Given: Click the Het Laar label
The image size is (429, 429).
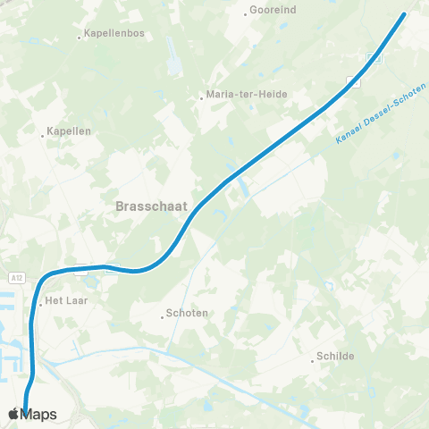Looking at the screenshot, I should coord(64,301).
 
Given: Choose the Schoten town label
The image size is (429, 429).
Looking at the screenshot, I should coord(188,314).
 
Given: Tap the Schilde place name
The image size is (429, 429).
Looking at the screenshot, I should coord(336,356).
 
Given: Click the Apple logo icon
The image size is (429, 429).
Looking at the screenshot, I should coord(13,414).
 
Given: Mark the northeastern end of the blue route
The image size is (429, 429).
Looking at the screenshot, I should coord(404,14).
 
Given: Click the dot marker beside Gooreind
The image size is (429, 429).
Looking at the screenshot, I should coord(246,14).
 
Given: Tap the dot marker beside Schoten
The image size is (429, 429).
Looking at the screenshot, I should coord(163,315).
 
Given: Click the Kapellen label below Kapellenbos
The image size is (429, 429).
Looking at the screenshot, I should coord(70,130).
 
